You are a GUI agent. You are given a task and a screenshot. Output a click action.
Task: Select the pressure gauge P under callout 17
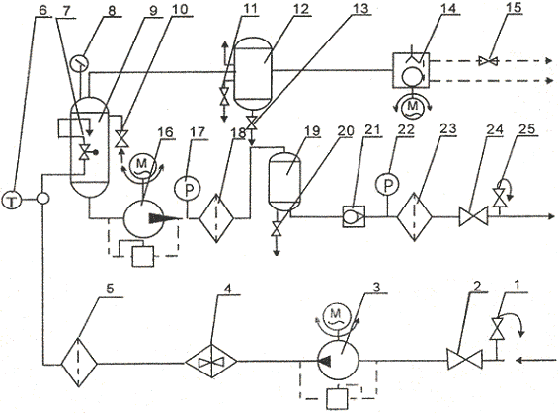pos(188,189)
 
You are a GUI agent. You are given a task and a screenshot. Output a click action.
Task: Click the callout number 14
pos(447,8)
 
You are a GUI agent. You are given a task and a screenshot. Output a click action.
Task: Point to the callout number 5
pos(110,289)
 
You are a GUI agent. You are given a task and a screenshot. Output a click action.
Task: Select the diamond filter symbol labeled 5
pos(79,363)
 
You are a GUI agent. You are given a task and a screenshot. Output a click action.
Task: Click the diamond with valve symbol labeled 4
pos(211,362)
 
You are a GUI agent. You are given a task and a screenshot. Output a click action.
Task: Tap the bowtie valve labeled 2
pos(465,360)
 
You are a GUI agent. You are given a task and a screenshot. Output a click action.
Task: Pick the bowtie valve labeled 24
pos(473,215)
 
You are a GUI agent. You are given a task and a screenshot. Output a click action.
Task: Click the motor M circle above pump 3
pos(336,314)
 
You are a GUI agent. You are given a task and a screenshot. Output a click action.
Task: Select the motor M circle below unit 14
pos(412,106)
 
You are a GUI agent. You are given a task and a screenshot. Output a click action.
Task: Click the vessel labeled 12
pos(253,72)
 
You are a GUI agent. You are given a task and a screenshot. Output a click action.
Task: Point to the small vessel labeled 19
pos(284,182)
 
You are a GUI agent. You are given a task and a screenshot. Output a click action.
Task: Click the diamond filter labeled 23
pos(414,216)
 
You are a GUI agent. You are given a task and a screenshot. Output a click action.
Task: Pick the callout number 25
pos(526,129)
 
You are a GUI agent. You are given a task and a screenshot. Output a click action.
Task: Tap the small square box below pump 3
pos(337,399)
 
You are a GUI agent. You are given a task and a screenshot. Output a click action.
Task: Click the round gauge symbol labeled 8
pos(79,64)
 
